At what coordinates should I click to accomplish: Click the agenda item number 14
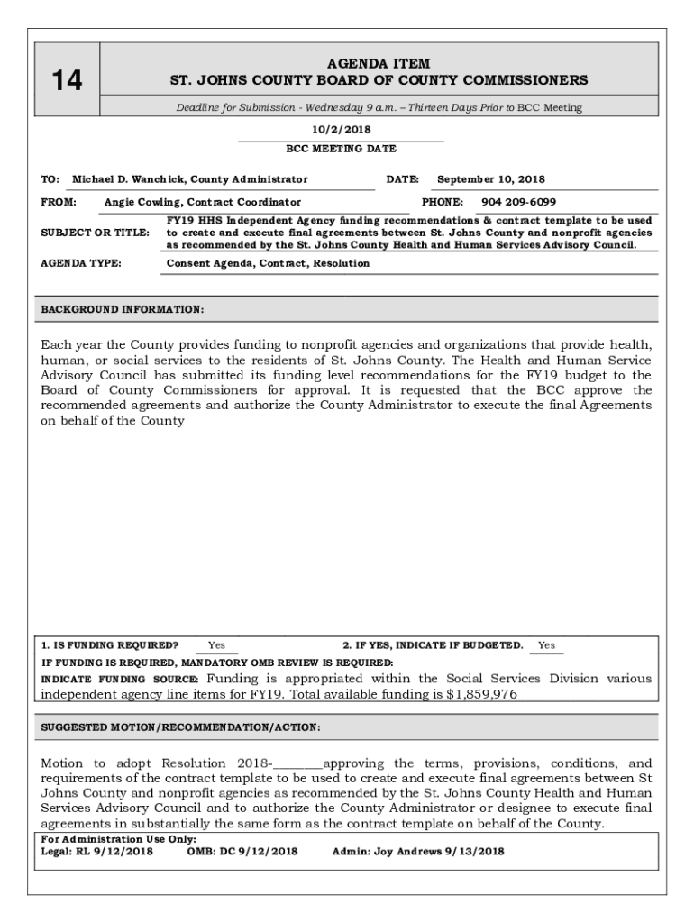pyautogui.click(x=66, y=82)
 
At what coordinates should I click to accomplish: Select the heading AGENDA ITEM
pyautogui.click(x=379, y=64)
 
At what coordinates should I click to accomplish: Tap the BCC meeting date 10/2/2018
pyautogui.click(x=341, y=130)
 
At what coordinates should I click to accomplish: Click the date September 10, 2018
pyautogui.click(x=491, y=179)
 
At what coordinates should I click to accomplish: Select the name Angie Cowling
pyautogui.click(x=142, y=203)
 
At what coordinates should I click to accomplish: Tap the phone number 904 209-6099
pyautogui.click(x=518, y=203)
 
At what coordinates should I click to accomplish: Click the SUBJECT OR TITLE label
pyautogui.click(x=96, y=233)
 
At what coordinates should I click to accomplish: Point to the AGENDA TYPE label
pyautogui.click(x=82, y=263)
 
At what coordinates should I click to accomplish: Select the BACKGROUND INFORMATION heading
pyautogui.click(x=123, y=310)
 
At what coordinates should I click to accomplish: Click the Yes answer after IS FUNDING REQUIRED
pyautogui.click(x=217, y=645)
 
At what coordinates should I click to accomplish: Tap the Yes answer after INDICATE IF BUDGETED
pyautogui.click(x=547, y=645)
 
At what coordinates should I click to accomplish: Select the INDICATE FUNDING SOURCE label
pyautogui.click(x=120, y=679)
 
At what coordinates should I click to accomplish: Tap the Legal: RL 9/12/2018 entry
pyautogui.click(x=97, y=851)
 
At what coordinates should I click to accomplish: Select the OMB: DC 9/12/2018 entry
pyautogui.click(x=242, y=851)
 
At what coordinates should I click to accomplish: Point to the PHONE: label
pyautogui.click(x=442, y=203)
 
